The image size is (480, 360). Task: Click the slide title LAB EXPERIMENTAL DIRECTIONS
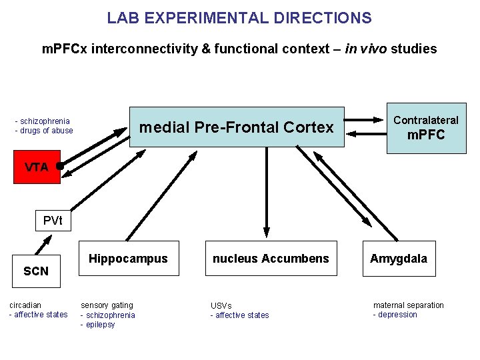tap(239, 18)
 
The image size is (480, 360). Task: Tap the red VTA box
tap(37, 167)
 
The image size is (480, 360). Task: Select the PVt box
tap(53, 221)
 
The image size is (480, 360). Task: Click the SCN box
tap(36, 271)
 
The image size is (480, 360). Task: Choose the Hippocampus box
tap(129, 259)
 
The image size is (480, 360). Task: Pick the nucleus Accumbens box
tap(271, 259)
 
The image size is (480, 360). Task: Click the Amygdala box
tap(399, 259)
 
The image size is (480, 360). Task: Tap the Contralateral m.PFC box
tap(426, 128)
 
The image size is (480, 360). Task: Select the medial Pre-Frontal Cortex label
tap(237, 127)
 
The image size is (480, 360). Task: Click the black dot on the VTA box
tap(60, 165)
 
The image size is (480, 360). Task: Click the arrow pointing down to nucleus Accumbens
tap(267, 193)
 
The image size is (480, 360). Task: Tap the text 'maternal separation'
tap(408, 305)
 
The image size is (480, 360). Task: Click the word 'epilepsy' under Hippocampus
tap(100, 325)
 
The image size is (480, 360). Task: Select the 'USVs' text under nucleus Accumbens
tap(221, 306)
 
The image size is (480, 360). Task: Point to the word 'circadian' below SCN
tap(25, 305)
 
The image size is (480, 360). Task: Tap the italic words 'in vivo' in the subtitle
tap(367, 49)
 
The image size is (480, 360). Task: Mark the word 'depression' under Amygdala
tap(397, 315)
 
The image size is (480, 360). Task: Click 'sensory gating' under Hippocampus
tap(107, 305)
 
